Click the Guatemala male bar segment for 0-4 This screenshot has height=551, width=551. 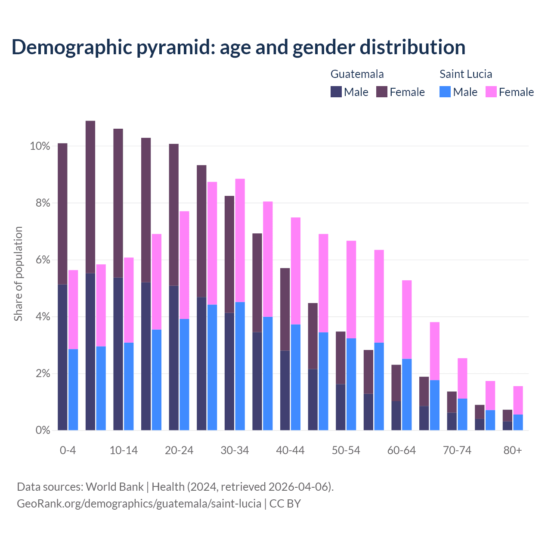click(x=62, y=357)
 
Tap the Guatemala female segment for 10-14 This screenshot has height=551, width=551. click(x=118, y=203)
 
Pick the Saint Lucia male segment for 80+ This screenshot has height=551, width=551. click(x=518, y=422)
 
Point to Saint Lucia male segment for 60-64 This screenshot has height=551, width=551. click(x=407, y=394)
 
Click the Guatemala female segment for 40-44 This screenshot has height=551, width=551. click(x=285, y=309)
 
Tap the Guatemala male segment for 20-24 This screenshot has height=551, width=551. click(x=174, y=358)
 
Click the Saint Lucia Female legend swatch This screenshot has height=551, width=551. click(x=491, y=92)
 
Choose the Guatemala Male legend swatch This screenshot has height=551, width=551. click(x=336, y=92)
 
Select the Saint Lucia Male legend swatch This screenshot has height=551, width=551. click(x=445, y=92)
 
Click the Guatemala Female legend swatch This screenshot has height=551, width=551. click(x=382, y=92)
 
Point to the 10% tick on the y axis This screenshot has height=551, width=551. click(x=40, y=146)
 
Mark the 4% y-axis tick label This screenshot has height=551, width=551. click(x=43, y=317)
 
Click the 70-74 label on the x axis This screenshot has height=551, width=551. click(x=457, y=450)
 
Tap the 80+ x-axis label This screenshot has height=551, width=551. click(x=513, y=450)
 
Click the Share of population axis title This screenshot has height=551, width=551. click(x=18, y=274)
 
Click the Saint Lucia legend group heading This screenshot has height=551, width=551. click(x=466, y=74)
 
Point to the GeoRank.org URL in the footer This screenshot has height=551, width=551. click(x=139, y=504)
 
